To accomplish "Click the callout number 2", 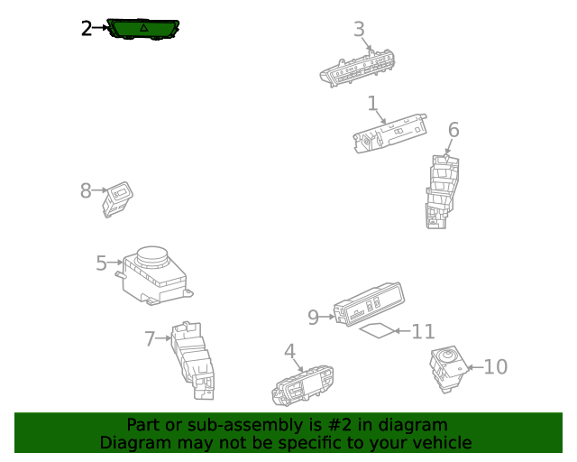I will pos(86,29).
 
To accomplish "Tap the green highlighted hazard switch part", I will pos(143,29).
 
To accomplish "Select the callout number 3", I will pos(359,30).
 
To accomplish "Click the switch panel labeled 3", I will pos(359,68).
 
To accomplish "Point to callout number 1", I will pos(371,104).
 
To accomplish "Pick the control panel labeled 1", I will pos(389,134).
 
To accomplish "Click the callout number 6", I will pos(453,130).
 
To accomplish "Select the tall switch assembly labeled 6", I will pos(441,191).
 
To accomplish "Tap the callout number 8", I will pos(86,190).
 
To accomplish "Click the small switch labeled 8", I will pos(118,199).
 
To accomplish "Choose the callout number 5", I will pos(102,263).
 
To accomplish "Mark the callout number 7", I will pos(150,339).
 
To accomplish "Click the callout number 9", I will pos(313,317).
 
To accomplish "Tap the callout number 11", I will pos(423,332).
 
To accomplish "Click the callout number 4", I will pos(289,351).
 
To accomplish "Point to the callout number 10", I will pos(496,367).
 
